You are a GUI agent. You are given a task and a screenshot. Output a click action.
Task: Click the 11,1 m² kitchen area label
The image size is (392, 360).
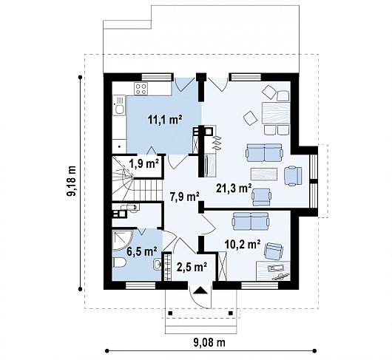point(165,120)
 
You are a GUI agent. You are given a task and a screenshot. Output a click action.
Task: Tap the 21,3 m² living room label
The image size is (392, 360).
point(234,189)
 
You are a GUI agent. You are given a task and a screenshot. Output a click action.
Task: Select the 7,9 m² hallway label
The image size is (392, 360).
point(185,197)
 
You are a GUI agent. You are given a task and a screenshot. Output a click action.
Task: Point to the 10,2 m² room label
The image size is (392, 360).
point(243,245)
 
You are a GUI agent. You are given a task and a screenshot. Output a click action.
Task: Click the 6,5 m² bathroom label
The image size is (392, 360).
point(142,251)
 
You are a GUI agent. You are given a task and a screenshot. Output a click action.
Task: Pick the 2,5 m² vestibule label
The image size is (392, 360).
point(192,267)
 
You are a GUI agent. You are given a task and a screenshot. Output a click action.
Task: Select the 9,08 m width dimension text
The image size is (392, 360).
point(209,342)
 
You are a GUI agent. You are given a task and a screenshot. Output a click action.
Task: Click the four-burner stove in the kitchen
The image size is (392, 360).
point(141,89)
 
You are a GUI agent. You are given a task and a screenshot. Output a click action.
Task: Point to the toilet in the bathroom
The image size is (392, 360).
point(119,263)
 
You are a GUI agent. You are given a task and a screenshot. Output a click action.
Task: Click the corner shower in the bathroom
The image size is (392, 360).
point(122,240)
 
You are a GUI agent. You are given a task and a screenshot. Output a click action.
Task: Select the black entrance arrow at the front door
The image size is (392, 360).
point(199,291)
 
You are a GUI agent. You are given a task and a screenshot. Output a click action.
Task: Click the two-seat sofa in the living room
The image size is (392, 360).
point(264,152)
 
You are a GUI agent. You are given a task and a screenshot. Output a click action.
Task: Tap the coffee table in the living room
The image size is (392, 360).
point(264,174)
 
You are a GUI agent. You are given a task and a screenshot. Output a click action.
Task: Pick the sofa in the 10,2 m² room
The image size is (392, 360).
point(251,221)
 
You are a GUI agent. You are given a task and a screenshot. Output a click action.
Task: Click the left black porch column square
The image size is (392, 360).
point(170,313)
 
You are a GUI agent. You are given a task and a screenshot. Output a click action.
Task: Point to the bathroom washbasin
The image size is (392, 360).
point(158,265)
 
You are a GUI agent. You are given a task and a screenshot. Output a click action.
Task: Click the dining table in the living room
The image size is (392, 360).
point(276,113)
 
